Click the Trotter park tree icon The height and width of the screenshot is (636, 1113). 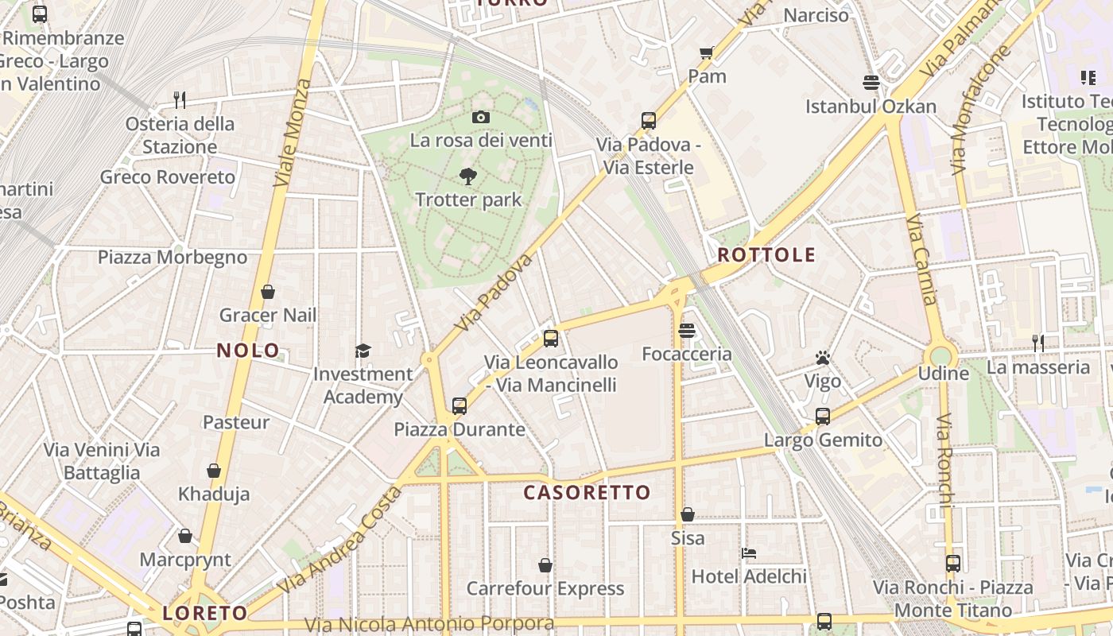click(468, 176)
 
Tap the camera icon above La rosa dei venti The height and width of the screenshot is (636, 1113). click(480, 118)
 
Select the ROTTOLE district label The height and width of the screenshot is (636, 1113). click(766, 254)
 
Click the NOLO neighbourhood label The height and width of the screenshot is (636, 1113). click(248, 350)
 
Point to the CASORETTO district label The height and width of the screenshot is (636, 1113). click(587, 492)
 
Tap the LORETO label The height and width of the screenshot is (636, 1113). click(205, 613)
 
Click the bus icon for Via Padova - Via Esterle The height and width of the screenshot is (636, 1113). click(649, 121)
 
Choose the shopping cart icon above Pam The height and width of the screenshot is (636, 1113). click(706, 53)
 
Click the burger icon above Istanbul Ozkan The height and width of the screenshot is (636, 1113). click(871, 83)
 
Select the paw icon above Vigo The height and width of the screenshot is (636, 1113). click(822, 358)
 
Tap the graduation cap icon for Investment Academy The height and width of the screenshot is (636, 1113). click(363, 351)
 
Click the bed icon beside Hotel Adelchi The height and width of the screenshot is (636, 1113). click(748, 553)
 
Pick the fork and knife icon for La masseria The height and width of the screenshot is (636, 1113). click(1037, 343)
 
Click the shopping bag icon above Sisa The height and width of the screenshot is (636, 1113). click(688, 514)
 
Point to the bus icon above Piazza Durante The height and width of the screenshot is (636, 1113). click(459, 406)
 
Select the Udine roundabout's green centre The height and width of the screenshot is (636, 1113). click(941, 355)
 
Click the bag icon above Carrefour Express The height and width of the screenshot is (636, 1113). click(545, 565)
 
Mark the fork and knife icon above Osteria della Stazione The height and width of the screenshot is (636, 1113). click(180, 100)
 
